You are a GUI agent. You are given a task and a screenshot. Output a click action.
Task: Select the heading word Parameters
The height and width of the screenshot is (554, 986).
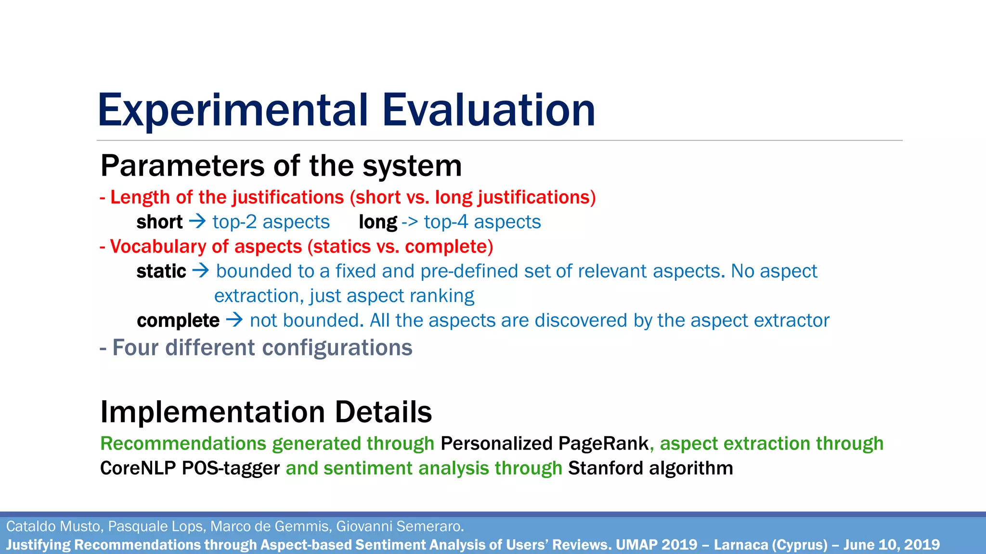(182, 166)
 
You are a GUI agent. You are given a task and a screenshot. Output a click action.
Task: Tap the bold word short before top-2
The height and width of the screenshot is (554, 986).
(159, 222)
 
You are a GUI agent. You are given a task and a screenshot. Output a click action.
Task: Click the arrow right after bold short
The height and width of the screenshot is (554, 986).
(197, 222)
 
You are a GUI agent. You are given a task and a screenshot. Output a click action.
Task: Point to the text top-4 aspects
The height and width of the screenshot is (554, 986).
(482, 222)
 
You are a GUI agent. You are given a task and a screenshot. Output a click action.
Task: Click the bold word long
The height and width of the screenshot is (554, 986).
(378, 222)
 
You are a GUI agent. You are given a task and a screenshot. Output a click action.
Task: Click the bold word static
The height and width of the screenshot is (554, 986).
(161, 271)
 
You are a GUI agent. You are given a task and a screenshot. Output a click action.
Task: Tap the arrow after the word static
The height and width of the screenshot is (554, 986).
(201, 271)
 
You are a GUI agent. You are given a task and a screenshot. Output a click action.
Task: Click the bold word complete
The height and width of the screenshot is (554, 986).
(178, 320)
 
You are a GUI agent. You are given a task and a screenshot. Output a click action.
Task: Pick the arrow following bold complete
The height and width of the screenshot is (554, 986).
(234, 320)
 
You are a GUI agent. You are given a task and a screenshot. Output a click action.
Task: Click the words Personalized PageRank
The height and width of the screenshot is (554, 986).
(545, 443)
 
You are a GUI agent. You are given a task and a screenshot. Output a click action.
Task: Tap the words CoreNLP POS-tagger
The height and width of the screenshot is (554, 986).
(190, 468)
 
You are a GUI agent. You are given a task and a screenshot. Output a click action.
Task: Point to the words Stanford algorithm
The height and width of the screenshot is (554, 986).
(650, 468)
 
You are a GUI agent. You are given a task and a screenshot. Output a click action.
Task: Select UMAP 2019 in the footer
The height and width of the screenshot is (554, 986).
(656, 545)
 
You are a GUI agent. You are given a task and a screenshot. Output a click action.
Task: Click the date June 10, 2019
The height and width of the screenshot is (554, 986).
(891, 545)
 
